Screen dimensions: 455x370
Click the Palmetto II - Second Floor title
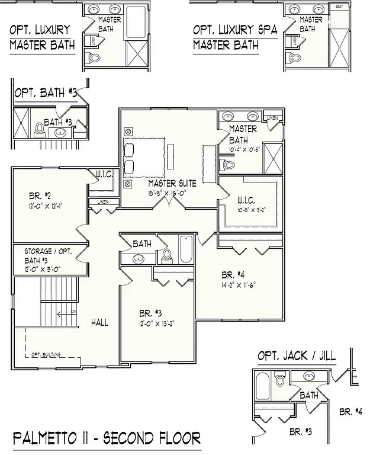pyautogui.click(x=107, y=438)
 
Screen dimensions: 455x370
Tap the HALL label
pyautogui.click(x=99, y=322)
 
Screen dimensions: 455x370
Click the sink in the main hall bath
pyautogui.click(x=139, y=259)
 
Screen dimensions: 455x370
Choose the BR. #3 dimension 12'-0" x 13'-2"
pyautogui.click(x=153, y=323)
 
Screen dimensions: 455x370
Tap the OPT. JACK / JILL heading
pyautogui.click(x=296, y=355)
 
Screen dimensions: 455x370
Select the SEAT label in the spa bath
pyautogui.click(x=339, y=7)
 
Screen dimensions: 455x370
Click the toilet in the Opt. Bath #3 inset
pyautogui.click(x=40, y=129)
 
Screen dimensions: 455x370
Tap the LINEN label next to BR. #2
pyautogui.click(x=99, y=203)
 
